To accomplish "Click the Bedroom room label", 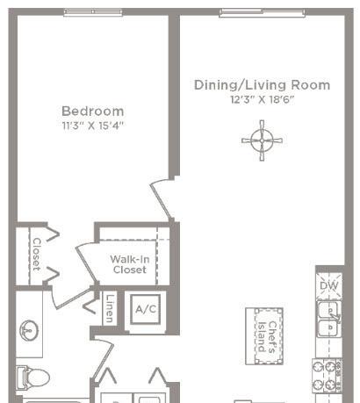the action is [x=93, y=112].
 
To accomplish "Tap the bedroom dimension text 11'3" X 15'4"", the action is [x=93, y=126].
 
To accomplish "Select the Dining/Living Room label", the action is [x=263, y=85].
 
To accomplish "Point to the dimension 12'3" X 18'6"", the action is [x=263, y=99].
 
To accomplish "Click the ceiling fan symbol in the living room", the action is [x=262, y=140].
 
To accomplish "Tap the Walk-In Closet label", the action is [x=130, y=264].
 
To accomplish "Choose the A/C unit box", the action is [x=146, y=309].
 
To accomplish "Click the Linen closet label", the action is [x=110, y=309].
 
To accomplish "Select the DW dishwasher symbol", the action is [x=329, y=286].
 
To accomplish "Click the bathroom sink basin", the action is [x=29, y=330].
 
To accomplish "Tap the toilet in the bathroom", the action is [x=32, y=378].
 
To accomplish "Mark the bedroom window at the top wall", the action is [x=93, y=11].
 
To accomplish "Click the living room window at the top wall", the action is [x=263, y=12].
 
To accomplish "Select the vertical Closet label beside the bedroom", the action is [x=36, y=254].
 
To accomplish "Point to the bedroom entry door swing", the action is [x=162, y=201].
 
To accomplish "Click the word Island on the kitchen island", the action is [x=262, y=336].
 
